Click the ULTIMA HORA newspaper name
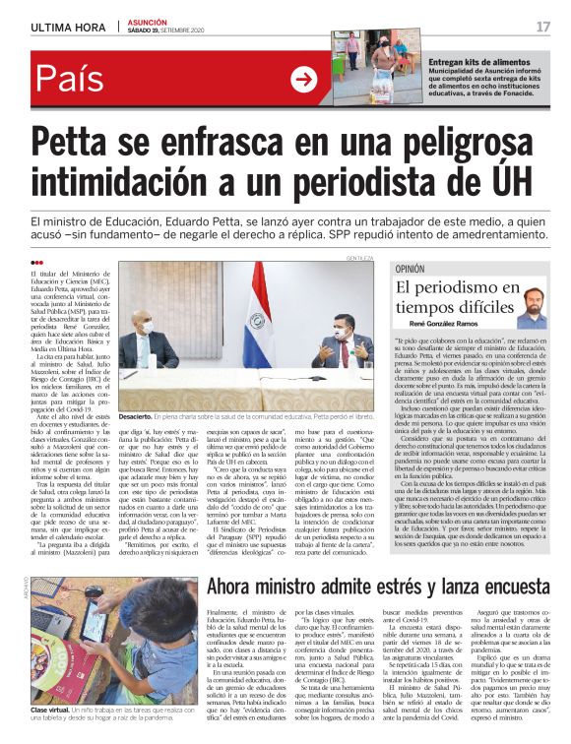tap(66, 27)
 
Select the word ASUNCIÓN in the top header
tap(150, 22)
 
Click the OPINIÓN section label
tap(410, 269)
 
